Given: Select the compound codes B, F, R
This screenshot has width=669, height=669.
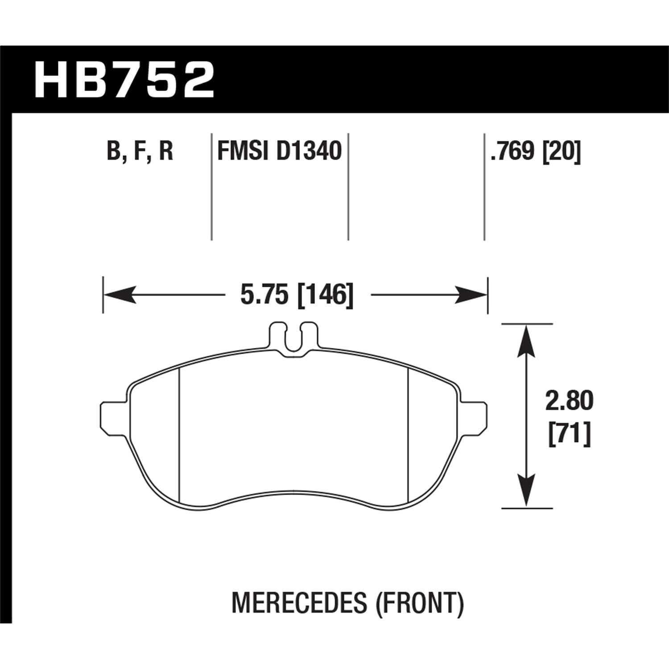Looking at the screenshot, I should click(x=140, y=151).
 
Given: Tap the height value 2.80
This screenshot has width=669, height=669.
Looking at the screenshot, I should click(x=569, y=401).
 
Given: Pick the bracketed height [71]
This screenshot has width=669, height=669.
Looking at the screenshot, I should click(x=569, y=433).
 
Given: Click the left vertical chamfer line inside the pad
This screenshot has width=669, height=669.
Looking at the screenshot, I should click(x=179, y=435).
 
